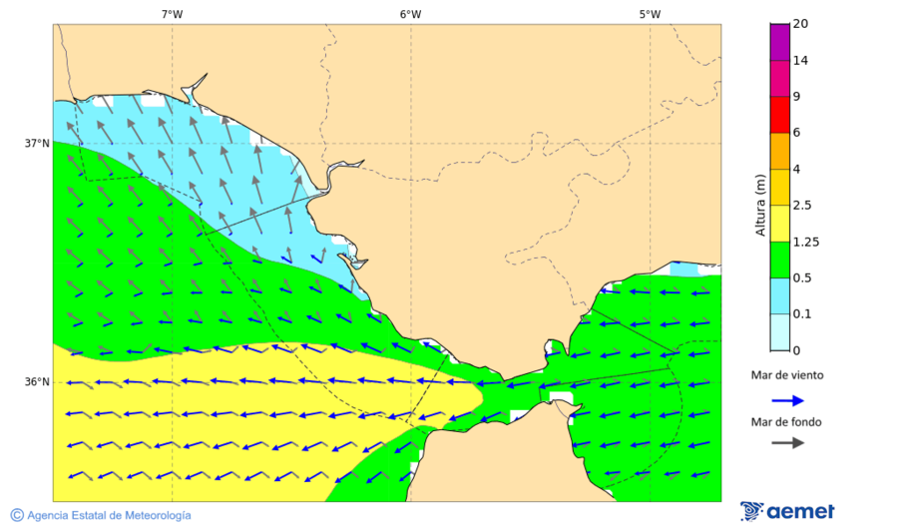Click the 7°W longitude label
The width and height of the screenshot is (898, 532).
tap(172, 14)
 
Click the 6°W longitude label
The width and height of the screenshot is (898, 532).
tap(410, 14)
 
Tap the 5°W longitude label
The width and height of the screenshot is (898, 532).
tap(650, 14)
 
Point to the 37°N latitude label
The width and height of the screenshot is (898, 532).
tap(37, 143)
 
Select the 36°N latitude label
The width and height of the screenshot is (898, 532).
tap(37, 382)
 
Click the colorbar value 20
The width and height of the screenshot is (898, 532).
tap(800, 24)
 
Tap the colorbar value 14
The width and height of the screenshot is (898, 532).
tap(800, 60)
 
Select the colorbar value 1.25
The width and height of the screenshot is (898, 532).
tap(804, 242)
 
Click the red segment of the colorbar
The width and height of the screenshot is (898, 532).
tap(779, 114)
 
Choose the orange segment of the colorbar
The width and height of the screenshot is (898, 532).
tap(779, 151)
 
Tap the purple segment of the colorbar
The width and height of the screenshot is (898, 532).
tap(779, 41)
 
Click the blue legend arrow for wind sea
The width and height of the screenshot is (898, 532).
tap(787, 400)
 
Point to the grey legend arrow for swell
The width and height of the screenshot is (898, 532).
tap(787, 442)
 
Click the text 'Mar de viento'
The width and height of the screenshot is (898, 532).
tap(787, 375)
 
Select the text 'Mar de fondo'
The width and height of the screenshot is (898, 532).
tap(787, 422)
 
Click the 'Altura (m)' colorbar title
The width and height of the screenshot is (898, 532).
tap(760, 206)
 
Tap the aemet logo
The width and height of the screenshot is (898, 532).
tap(788, 511)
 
